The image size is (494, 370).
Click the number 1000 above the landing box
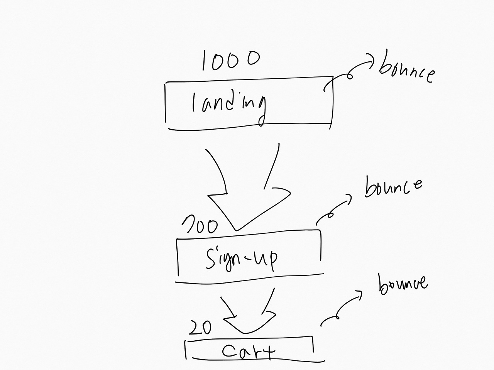pos(231,61)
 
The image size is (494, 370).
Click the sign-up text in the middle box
pos(242,258)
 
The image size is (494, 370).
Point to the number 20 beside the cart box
pos(200,328)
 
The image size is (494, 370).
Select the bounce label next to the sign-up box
pos(393,187)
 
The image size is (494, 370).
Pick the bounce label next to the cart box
pos(403,284)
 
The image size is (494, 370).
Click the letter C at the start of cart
pos(228,351)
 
